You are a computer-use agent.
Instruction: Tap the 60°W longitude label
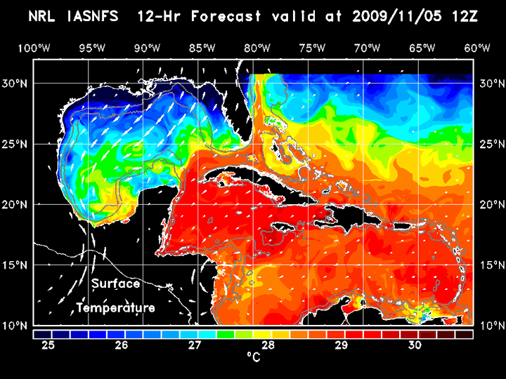[x=477, y=48]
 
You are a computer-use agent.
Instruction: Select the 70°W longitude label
[x=368, y=48]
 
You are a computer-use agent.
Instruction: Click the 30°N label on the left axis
[x=15, y=83]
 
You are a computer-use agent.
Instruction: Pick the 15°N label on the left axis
[x=15, y=265]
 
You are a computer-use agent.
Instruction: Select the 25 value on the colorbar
[x=48, y=345]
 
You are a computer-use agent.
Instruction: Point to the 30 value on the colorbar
[x=414, y=345]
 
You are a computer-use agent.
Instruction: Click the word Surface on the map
[x=115, y=284]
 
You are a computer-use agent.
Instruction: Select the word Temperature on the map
[x=115, y=308]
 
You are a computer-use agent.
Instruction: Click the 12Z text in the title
[x=465, y=16]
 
